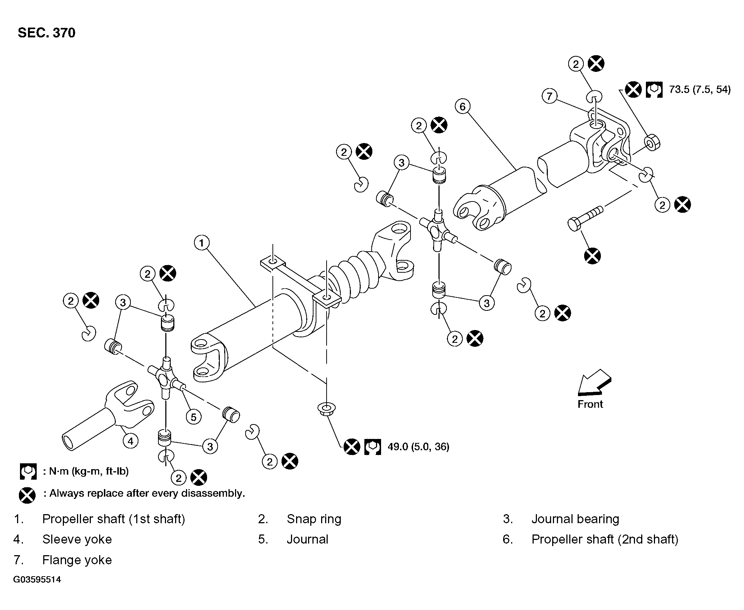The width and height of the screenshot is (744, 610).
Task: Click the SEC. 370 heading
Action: pyautogui.click(x=46, y=33)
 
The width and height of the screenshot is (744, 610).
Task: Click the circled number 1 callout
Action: pyautogui.click(x=202, y=243)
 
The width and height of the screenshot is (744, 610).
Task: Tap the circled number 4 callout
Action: pyautogui.click(x=130, y=441)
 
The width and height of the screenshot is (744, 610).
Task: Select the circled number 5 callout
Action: pyautogui.click(x=193, y=417)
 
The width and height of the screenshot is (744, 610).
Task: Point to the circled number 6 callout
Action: pyautogui.click(x=462, y=106)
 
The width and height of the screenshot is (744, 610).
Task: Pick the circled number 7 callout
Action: pyautogui.click(x=549, y=96)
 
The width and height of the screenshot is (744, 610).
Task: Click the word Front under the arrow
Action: pyautogui.click(x=590, y=404)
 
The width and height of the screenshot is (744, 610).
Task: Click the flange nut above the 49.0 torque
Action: pyautogui.click(x=326, y=409)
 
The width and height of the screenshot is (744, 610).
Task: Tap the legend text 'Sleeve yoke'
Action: pyautogui.click(x=77, y=540)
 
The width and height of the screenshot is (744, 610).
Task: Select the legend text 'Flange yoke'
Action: pyautogui.click(x=77, y=560)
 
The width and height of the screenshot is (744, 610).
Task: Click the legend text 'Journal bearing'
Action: pyautogui.click(x=575, y=519)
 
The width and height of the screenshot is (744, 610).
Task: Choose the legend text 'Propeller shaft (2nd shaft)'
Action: pyautogui.click(x=605, y=540)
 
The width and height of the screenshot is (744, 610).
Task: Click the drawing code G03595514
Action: pyautogui.click(x=37, y=579)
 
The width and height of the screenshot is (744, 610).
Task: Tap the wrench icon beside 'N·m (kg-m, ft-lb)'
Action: pyautogui.click(x=28, y=471)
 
